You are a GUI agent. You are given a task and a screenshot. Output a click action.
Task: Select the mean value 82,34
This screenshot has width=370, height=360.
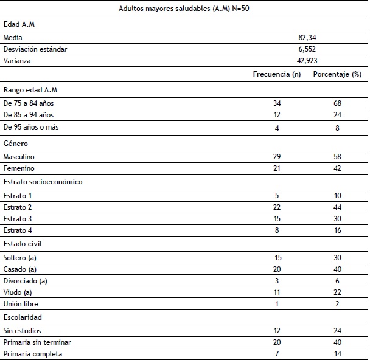[x=307, y=38]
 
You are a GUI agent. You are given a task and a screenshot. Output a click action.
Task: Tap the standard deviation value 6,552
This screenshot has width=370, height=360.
[x=307, y=49]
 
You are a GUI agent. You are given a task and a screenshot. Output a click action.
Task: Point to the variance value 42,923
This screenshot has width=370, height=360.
[x=307, y=61]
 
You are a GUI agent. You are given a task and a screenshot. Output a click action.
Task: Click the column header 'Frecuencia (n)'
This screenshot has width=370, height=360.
[x=277, y=74]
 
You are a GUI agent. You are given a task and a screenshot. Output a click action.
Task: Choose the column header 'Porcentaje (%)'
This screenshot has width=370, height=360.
[x=337, y=74]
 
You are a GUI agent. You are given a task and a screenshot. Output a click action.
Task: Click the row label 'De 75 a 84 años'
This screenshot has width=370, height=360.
[x=29, y=103]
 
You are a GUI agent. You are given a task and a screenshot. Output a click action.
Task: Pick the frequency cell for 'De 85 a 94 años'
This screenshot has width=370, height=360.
[x=277, y=115]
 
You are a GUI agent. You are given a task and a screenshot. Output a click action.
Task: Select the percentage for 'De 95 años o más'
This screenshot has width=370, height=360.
[x=337, y=127]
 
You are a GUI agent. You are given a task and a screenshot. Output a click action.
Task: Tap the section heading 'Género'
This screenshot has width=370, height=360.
[x=16, y=144]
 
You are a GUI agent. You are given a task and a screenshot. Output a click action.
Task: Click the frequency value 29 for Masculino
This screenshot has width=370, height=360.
[x=277, y=157]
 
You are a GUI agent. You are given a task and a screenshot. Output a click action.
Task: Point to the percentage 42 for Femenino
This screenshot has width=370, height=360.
[x=337, y=168]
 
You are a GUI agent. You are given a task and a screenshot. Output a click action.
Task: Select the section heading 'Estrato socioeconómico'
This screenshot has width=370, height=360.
[x=43, y=182]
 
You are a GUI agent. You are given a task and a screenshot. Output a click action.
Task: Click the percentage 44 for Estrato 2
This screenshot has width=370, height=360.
[x=337, y=207]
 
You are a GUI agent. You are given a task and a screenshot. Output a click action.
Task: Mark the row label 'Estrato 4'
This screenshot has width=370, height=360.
[x=18, y=230]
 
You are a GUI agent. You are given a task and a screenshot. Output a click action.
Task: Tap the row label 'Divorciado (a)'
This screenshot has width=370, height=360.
[x=26, y=281]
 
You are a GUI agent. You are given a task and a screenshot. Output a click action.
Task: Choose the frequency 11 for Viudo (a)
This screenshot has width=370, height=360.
[x=277, y=292]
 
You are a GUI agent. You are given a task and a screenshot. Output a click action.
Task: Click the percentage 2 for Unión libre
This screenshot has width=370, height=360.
[x=337, y=304]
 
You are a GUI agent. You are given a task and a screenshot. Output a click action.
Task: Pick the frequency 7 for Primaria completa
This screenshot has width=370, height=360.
[x=277, y=353]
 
